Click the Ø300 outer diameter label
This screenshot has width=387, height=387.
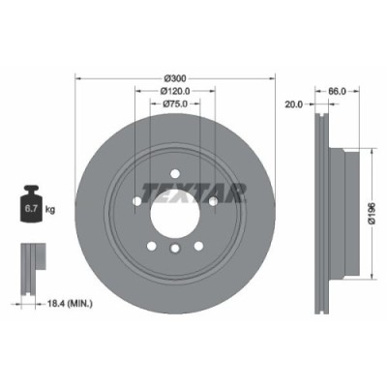pyautogui.click(x=175, y=77)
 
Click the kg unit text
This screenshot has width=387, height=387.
pyautogui.click(x=50, y=207)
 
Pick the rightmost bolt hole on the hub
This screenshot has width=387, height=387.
pyautogui.click(x=212, y=200)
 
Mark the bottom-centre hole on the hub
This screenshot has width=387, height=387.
pyautogui.click(x=175, y=250)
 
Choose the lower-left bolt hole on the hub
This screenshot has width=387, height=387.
pyautogui.click(x=151, y=245)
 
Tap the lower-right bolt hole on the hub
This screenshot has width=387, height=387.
pyautogui.click(x=198, y=245)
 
